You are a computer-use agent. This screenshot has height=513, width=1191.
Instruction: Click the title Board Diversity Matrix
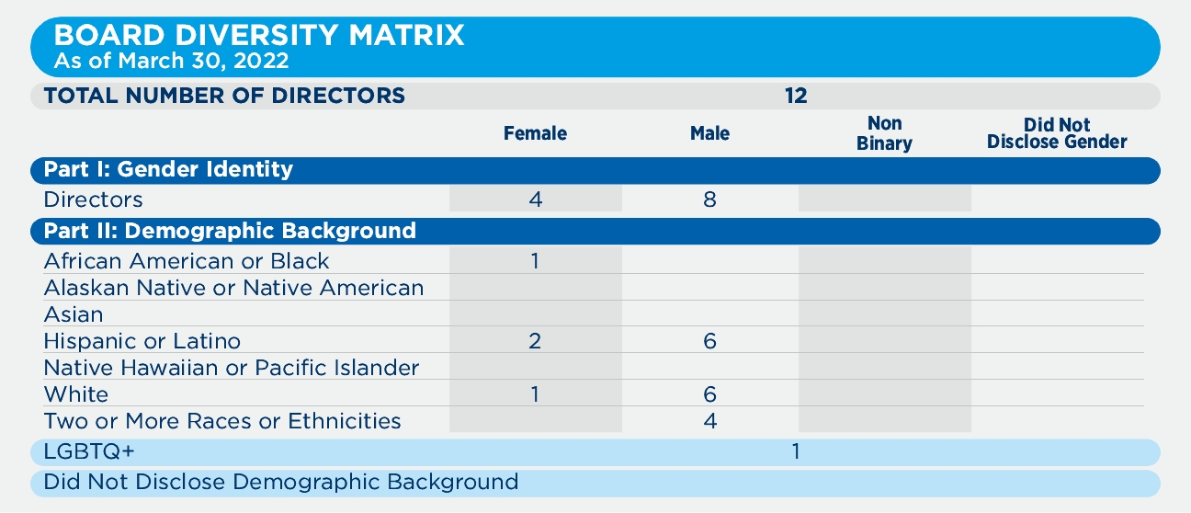pos(259,37)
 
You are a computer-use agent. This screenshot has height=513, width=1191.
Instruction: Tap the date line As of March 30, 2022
pos(172,63)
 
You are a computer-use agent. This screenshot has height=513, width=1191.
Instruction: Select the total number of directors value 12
pos(796,95)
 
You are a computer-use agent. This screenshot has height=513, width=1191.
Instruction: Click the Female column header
pos(535,134)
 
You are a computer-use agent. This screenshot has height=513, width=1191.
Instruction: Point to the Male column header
pos(709,134)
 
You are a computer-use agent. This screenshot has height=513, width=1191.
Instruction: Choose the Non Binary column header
pos(884,133)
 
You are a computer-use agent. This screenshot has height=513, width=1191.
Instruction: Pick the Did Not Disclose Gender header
pos(1057,133)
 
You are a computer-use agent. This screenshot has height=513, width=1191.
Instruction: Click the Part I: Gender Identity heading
pos(168,169)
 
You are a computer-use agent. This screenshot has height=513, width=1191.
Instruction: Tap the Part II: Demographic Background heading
pos(230,231)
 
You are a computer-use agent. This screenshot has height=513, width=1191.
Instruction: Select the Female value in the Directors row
pos(536,199)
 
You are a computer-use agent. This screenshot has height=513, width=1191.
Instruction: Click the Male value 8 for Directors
pos(709,199)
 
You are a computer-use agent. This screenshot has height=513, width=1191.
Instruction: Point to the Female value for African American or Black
pos(535,261)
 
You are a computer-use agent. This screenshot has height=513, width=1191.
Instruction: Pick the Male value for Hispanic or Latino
pos(709,342)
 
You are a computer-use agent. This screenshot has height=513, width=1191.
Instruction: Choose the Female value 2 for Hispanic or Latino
pos(535,342)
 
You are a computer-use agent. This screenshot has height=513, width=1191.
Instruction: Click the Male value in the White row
pos(709,395)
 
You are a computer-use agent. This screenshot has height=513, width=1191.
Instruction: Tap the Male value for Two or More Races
pos(709,422)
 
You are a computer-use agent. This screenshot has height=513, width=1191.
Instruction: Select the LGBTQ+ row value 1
pos(796,452)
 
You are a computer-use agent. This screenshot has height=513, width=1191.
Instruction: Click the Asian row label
pos(74,315)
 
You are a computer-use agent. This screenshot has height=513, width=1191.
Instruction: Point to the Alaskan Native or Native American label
pos(233,289)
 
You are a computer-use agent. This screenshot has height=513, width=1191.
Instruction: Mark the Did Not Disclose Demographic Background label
pos(281,482)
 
